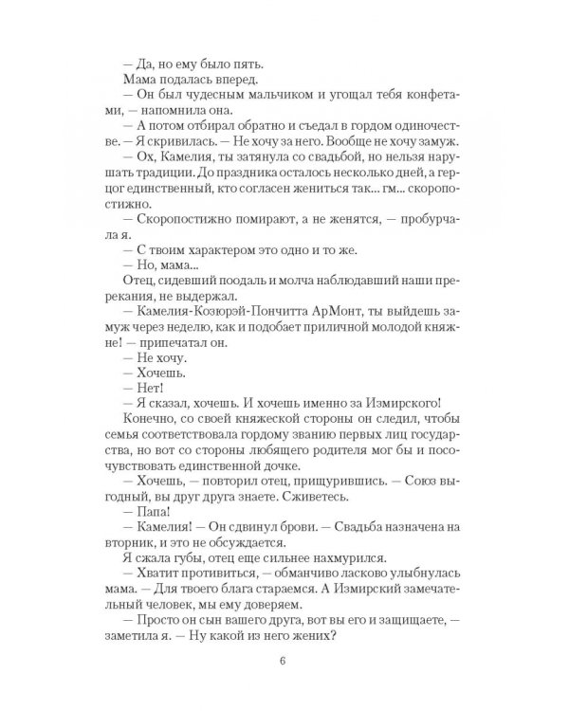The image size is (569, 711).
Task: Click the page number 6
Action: point(284,662)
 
